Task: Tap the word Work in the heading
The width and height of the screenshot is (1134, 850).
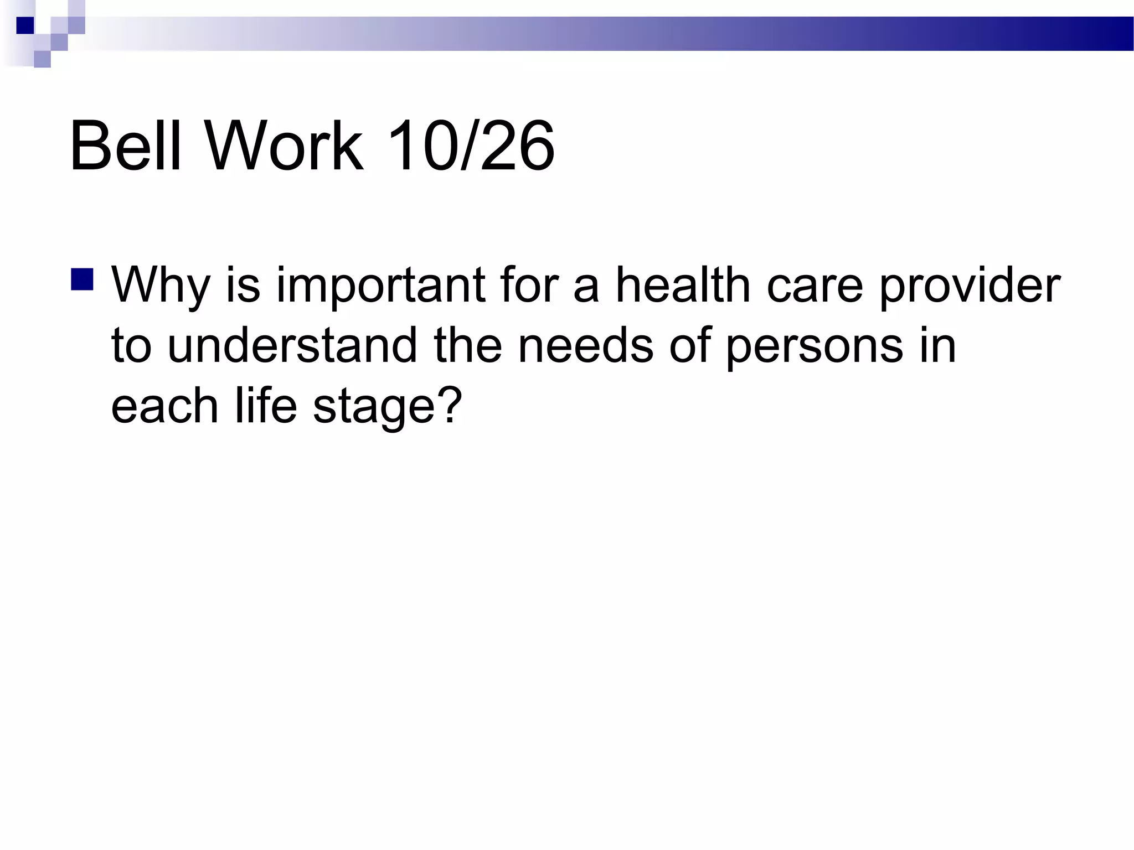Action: (x=285, y=146)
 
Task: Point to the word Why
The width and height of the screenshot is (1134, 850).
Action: (x=161, y=286)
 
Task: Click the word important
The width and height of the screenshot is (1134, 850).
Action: (x=381, y=286)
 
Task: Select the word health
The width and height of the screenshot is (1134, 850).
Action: (x=683, y=286)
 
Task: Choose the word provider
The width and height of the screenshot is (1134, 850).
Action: (x=970, y=286)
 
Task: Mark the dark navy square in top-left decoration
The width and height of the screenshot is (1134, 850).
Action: (x=25, y=25)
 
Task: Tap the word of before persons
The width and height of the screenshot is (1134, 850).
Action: (x=689, y=345)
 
